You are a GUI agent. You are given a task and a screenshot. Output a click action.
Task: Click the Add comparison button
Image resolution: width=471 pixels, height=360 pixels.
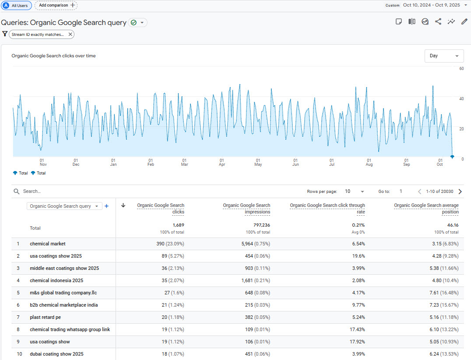coord(56,5)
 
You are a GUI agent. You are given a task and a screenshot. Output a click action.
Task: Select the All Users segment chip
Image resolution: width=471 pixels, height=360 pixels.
coord(16,6)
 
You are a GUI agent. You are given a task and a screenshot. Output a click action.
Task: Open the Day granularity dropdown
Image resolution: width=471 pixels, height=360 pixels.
coord(444,56)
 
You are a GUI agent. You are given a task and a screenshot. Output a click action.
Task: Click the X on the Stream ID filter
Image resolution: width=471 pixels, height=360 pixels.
coord(70,34)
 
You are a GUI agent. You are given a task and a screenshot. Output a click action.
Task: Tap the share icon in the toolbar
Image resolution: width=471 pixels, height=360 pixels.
coord(438,21)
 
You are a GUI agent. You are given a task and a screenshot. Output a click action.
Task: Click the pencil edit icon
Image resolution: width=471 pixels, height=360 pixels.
coord(464,21)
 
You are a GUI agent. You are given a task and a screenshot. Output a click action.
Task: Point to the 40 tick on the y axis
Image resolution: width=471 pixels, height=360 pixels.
coord(461,99)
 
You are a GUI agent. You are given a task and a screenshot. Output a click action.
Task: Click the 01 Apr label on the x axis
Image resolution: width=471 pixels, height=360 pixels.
coord(221,162)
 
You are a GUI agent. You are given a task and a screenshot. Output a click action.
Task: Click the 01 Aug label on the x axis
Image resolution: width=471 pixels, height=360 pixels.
coord(369,162)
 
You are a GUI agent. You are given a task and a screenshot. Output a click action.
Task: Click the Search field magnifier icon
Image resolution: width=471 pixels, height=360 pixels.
coord(17,192)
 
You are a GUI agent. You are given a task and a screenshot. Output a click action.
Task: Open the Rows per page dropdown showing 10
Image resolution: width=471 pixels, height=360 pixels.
coord(355,192)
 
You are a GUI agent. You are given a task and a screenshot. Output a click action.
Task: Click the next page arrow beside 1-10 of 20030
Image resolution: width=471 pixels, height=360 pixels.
coord(460,192)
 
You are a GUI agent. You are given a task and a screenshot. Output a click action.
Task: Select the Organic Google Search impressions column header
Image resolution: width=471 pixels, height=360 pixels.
coord(246,209)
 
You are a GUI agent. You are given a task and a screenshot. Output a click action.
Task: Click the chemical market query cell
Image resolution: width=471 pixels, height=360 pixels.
coord(48,244)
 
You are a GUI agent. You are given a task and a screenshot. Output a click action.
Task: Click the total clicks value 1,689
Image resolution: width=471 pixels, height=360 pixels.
coord(178,225)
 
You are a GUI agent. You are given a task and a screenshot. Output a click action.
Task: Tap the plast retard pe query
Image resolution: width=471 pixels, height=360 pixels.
coord(45,317)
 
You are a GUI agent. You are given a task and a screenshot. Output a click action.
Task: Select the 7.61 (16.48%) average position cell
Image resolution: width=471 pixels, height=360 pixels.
coord(442,293)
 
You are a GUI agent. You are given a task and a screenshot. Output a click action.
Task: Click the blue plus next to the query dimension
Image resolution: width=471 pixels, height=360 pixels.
coord(106,206)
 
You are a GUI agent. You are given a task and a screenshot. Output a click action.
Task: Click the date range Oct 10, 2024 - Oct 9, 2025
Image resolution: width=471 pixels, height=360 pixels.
coord(431,5)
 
